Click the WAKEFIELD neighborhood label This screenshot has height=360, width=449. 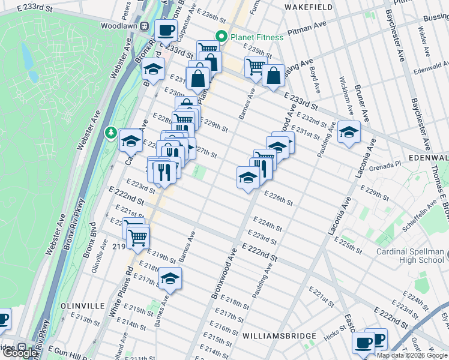(x=309, y=8)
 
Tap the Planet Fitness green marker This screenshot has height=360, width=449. (x=220, y=37)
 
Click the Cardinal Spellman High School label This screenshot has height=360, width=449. (x=411, y=256)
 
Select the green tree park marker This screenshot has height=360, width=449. (x=110, y=131)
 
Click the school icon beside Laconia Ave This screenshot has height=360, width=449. (x=348, y=131)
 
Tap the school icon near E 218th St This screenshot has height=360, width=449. (x=170, y=278)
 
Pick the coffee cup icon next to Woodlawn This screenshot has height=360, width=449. (x=165, y=29)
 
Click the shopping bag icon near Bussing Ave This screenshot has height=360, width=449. (x=273, y=76)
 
